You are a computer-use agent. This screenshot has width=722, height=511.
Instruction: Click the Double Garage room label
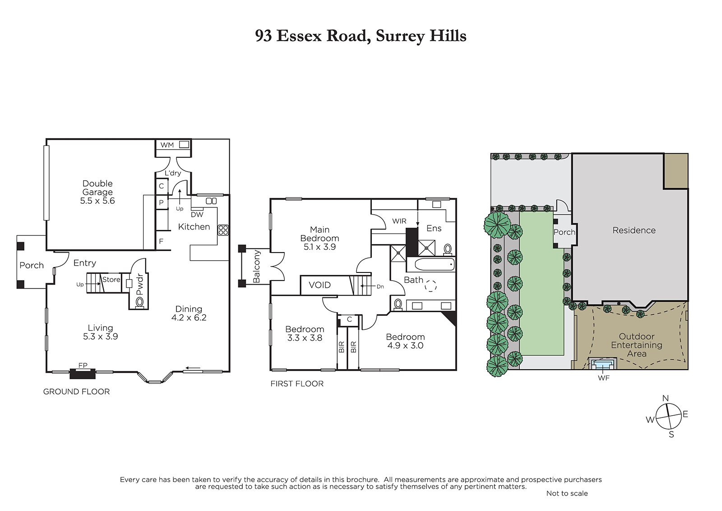click(97, 192)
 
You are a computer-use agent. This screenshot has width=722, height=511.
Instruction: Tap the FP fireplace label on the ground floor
click(83, 365)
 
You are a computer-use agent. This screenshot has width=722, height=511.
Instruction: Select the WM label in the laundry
click(167, 145)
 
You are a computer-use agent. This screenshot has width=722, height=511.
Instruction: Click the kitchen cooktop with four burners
click(223, 230)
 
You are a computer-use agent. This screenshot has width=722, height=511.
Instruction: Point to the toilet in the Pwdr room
click(139, 302)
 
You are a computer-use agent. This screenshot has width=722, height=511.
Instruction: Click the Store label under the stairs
click(111, 280)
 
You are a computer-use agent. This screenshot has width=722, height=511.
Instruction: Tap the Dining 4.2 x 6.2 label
click(189, 313)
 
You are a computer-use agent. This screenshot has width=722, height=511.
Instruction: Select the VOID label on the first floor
click(320, 285)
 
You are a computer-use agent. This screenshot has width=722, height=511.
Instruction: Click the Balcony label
click(257, 266)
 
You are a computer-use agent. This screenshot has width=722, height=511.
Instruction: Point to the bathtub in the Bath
click(430, 265)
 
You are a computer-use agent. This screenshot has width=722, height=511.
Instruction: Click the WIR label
click(399, 221)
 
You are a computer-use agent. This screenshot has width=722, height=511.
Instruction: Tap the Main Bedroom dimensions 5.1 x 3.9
click(320, 247)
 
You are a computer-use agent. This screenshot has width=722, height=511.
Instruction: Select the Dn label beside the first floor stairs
click(380, 286)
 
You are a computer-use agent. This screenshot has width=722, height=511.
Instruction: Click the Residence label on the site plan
click(634, 230)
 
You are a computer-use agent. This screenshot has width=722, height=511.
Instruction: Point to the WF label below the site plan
click(604, 378)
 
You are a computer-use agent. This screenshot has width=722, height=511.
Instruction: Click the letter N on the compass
click(665, 398)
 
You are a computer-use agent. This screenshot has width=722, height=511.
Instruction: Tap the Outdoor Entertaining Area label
click(637, 345)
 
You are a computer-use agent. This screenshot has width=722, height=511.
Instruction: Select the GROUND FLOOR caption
click(76, 392)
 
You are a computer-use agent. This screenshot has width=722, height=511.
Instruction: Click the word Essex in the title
click(299, 36)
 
